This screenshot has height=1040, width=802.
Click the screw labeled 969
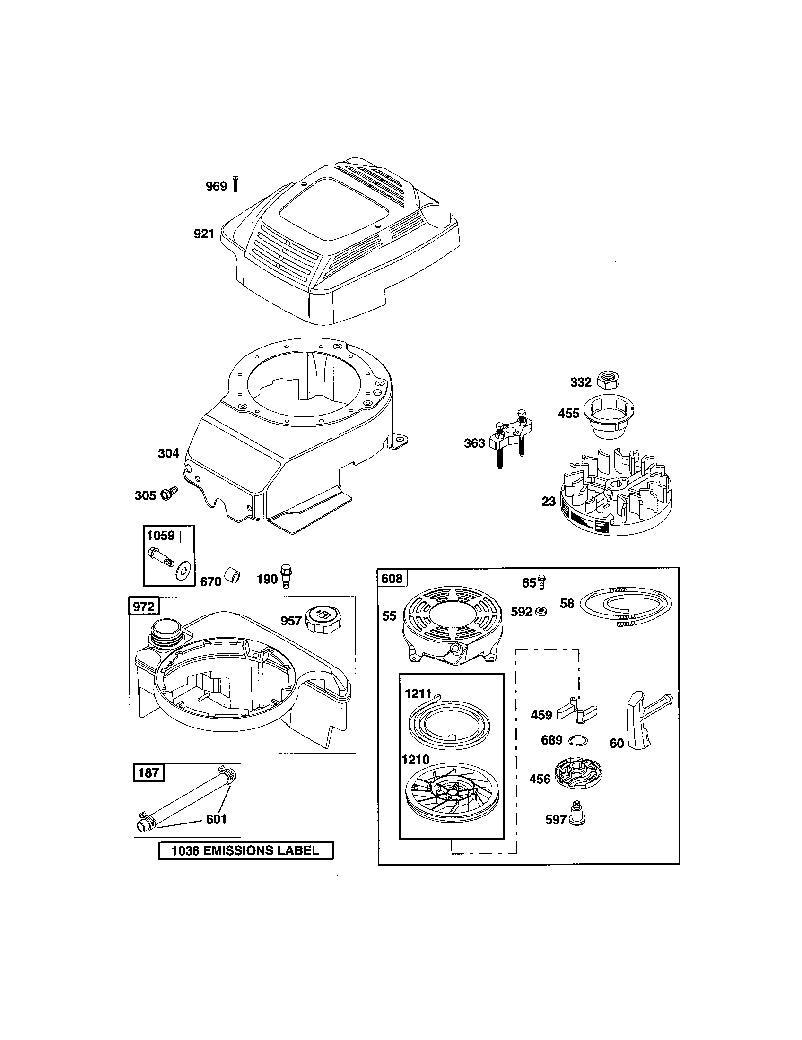point(236,184)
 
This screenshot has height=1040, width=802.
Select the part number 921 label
point(204,234)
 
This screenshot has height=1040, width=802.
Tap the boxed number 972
point(144,606)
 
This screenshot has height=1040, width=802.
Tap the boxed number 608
point(392,579)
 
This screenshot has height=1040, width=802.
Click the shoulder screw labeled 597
point(578,819)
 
